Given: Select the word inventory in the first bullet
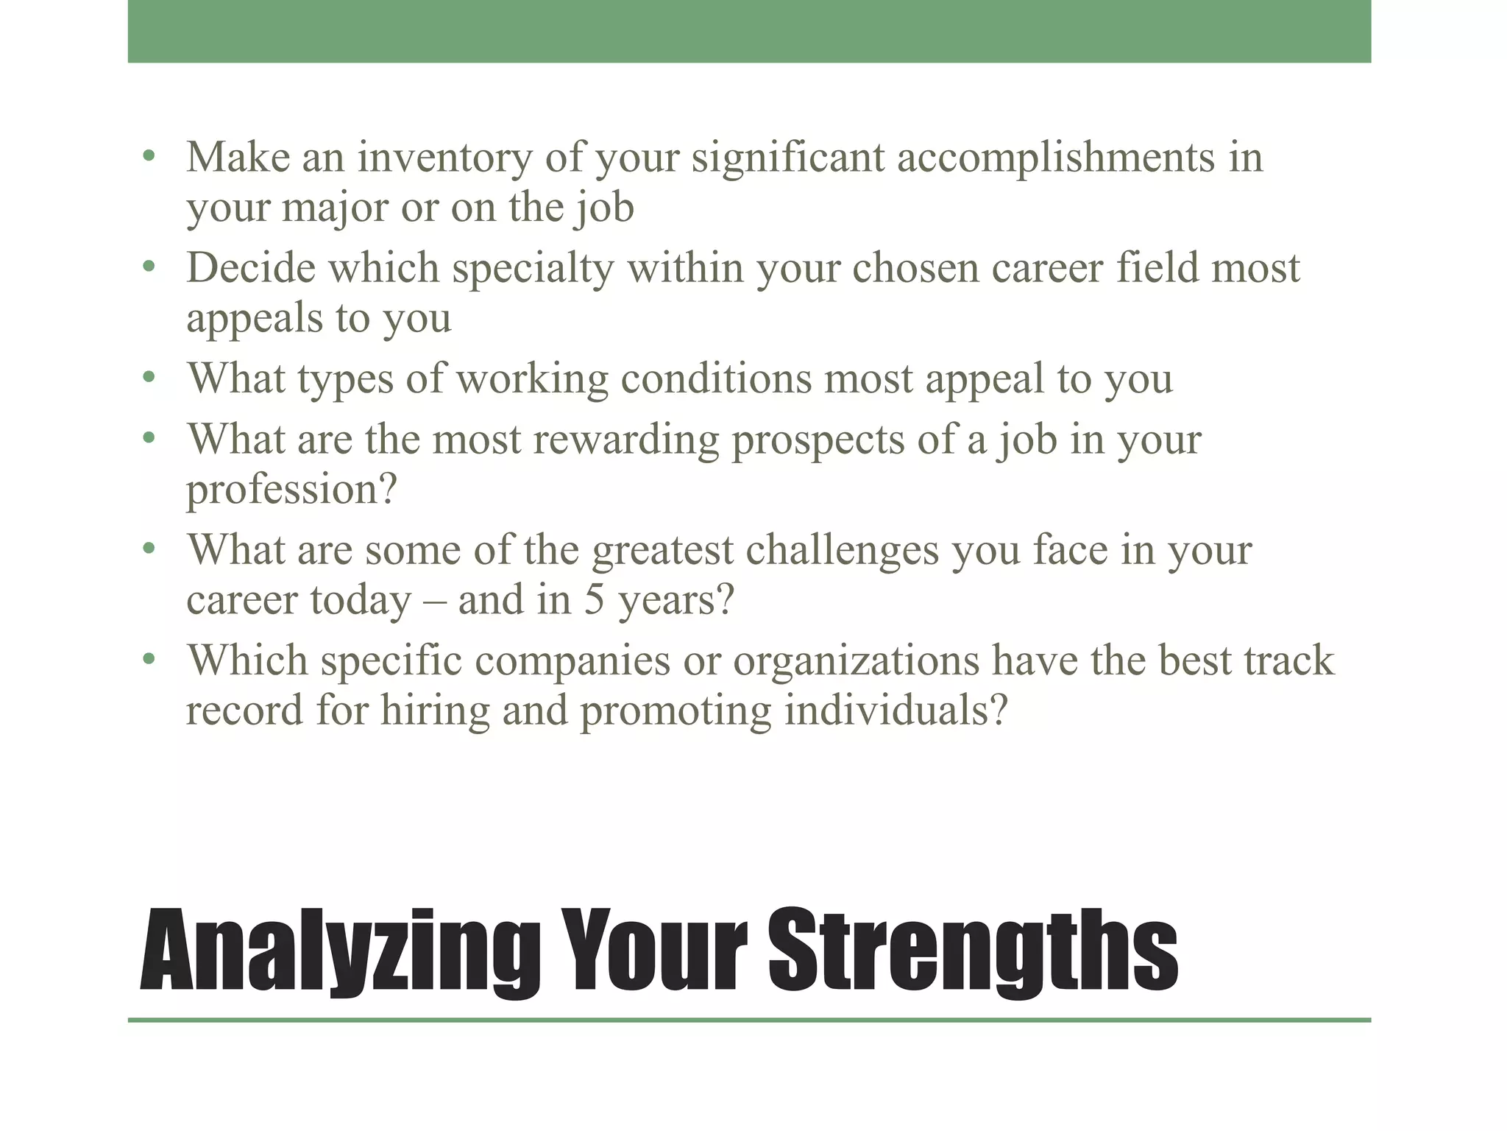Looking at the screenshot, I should tap(444, 158).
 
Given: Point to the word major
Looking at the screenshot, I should tap(335, 208).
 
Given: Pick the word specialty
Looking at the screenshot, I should tap(533, 268).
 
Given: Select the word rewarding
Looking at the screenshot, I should tap(626, 440).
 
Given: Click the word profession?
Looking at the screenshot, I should tap(291, 490).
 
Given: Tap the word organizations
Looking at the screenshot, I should tap(857, 660).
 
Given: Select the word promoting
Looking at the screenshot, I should tap(676, 711).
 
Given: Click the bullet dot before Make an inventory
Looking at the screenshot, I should tap(149, 156).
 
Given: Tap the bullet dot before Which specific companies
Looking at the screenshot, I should tap(149, 659).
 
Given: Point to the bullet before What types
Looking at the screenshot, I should tap(149, 378).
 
